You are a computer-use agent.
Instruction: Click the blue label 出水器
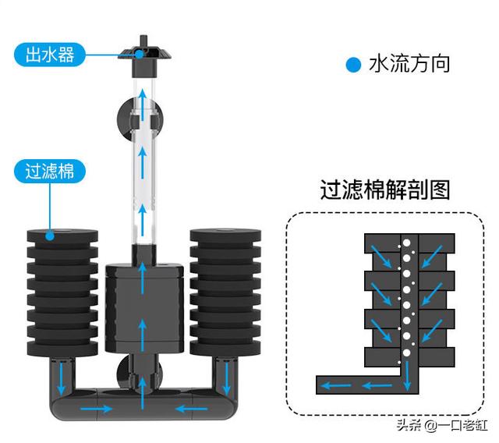click(50, 55)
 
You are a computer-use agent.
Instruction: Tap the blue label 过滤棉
click(50, 172)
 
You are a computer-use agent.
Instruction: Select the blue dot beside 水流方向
click(353, 65)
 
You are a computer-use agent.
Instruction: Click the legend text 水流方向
click(409, 64)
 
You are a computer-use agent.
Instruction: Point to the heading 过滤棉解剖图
click(384, 190)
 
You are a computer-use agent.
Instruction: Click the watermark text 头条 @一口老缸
click(442, 426)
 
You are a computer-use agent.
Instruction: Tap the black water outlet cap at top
click(144, 57)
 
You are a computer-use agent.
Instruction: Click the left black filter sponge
click(62, 292)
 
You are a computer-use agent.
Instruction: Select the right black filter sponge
click(225, 292)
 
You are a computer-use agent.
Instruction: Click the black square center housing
click(144, 308)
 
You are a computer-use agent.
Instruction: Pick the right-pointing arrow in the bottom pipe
click(96, 409)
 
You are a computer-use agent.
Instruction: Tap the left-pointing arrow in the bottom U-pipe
click(192, 409)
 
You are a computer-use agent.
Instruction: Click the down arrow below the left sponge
click(61, 378)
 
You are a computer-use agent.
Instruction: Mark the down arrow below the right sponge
click(227, 378)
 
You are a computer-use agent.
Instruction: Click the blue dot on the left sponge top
click(50, 236)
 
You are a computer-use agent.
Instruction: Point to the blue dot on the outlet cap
click(140, 55)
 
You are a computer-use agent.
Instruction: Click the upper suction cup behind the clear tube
click(140, 119)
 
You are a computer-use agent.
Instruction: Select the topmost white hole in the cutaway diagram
click(406, 243)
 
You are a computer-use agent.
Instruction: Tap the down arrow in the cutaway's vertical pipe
click(407, 376)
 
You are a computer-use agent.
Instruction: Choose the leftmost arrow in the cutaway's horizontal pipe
click(336, 386)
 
